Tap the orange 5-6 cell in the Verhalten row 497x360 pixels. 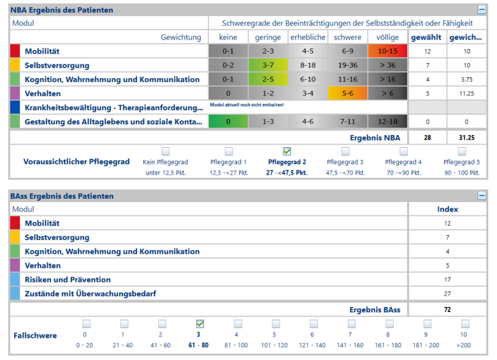347,93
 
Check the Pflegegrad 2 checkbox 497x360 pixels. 287,151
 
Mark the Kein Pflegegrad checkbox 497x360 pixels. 165,151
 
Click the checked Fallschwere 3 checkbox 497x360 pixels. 199,324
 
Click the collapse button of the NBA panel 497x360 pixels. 482,10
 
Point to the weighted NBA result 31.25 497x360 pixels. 466,137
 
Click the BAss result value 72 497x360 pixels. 447,310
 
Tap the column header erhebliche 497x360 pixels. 308,37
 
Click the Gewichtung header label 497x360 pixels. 181,37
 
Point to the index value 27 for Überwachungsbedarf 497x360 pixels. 447,294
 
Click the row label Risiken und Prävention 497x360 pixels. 68,279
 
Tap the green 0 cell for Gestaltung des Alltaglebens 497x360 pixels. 228,122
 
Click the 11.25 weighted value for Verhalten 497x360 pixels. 466,93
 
